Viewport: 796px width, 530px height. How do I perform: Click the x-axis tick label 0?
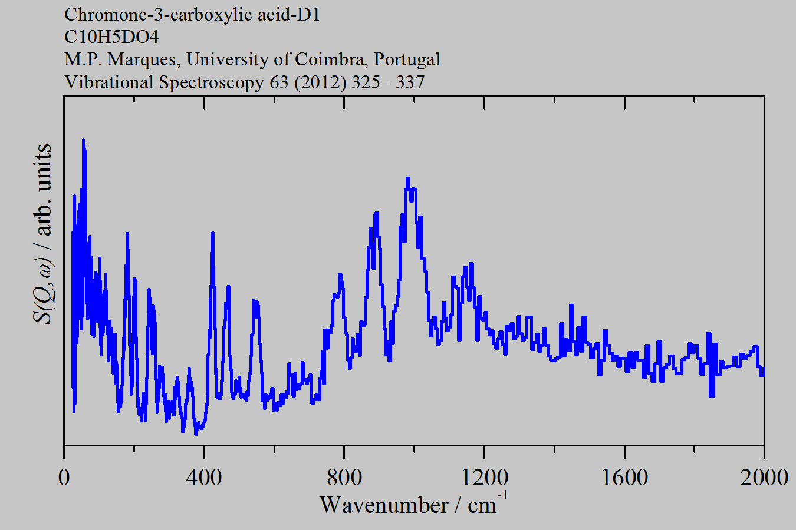64,477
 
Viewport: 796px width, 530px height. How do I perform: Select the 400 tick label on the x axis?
204,477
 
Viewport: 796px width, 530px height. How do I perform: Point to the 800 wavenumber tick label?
344,477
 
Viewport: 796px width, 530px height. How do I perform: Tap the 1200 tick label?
484,477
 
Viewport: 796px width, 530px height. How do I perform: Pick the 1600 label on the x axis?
624,477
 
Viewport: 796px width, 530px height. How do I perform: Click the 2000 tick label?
764,477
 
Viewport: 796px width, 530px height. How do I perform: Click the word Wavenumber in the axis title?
384,505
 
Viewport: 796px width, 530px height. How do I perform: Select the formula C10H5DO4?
111,37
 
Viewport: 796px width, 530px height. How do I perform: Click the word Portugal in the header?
407,59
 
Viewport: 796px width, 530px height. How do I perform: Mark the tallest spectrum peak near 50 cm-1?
83,140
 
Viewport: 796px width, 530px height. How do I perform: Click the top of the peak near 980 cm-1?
407,178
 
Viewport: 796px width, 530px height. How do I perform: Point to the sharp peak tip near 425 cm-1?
213,234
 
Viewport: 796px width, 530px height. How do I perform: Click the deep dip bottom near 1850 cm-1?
712,396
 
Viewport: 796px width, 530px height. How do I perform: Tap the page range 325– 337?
388,82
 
